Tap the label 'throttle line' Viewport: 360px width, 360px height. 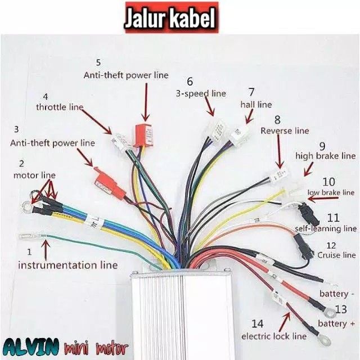pos(60,106)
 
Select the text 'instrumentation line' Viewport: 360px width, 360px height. pos(69,264)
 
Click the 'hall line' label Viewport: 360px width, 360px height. pos(256,105)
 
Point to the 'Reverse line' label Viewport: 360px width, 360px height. pos(285,130)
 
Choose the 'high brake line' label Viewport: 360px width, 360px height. pos(326,155)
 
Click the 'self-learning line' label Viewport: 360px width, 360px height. pos(326,228)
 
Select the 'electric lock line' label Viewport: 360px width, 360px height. pos(274,336)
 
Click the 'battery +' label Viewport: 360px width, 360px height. pos(337,323)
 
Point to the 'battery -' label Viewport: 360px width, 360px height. pos(337,294)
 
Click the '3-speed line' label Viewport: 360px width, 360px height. pos(201,93)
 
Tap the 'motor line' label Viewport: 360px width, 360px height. pos(34,175)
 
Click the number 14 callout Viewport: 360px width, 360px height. pos(257,324)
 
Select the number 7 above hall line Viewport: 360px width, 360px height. pos(251,92)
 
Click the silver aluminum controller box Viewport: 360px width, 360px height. pos(181,314)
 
